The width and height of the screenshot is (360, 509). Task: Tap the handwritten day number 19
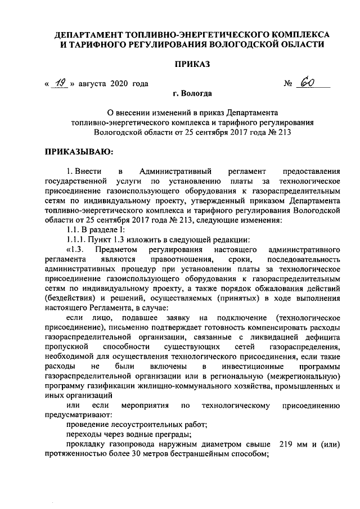pyautogui.click(x=60, y=83)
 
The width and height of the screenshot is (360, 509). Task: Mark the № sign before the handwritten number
pyautogui.click(x=290, y=84)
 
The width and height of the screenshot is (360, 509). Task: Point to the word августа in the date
pyautogui.click(x=92, y=84)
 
